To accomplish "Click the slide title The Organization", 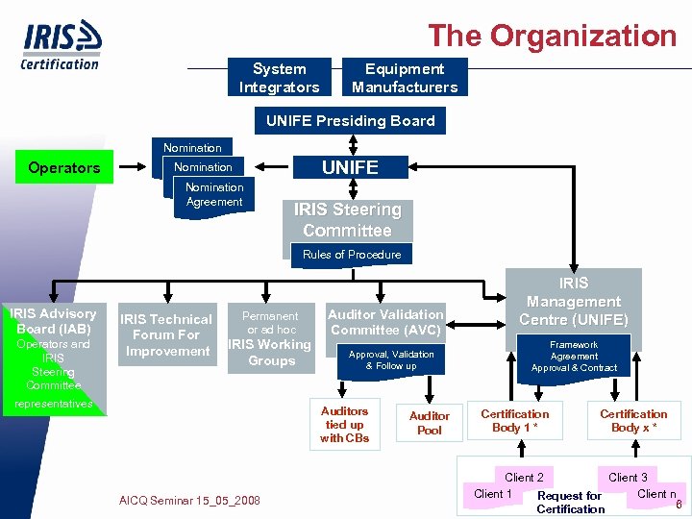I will point(552,36).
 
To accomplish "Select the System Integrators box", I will point(279,78).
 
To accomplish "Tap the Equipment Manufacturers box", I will point(405,78).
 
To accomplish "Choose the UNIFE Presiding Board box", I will point(350,121).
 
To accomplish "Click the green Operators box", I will point(64,167).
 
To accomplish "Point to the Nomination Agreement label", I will point(214,195).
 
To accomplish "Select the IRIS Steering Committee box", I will point(347,220).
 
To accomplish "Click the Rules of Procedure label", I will point(352,255).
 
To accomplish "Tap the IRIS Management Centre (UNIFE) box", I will point(574,301).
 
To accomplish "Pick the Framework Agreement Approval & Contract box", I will point(574,356).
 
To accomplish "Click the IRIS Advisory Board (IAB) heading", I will point(53,321).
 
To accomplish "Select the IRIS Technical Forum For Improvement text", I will point(165,335).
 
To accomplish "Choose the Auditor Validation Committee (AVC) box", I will point(385,322).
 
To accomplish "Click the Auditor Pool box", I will point(430,423).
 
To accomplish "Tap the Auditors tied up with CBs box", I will point(344,424).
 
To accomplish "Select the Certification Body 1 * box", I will point(515,421).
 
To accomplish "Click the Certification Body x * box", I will point(633,421).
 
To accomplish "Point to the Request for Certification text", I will point(570,503).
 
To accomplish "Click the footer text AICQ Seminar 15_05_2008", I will point(189,501).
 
